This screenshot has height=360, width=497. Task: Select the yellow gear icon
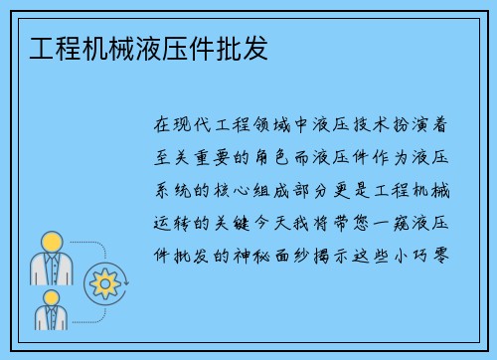[x=103, y=284]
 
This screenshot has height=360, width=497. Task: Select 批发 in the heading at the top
[x=245, y=47]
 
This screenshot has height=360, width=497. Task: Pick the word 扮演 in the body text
[x=429, y=126]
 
